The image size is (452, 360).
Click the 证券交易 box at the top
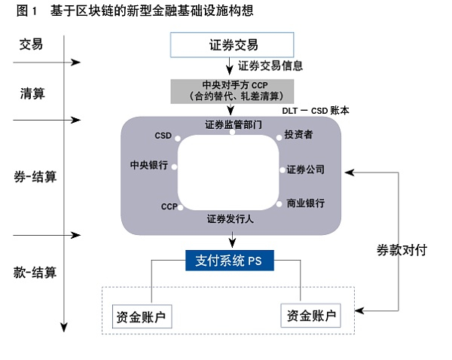tap(232, 45)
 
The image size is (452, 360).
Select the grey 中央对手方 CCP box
tap(232, 91)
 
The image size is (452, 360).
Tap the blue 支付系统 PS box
tap(230, 261)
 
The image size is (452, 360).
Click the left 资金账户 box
tap(142, 316)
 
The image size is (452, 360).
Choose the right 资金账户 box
tap(310, 316)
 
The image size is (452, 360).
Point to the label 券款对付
tap(402, 250)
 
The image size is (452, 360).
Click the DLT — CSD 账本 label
tap(316, 111)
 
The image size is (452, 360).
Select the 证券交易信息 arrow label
tap(270, 66)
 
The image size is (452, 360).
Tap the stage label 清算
tap(32, 93)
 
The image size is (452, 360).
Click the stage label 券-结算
tap(35, 176)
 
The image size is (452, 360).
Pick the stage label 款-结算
tap(35, 273)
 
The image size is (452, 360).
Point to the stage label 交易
tap(31, 44)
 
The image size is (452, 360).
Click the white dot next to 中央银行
tap(174, 167)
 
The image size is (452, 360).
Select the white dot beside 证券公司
tap(282, 170)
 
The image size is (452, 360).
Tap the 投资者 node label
tap(298, 134)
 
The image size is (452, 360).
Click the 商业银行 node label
tap(305, 203)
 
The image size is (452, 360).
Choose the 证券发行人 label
tap(230, 219)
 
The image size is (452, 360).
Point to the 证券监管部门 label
tap(234, 124)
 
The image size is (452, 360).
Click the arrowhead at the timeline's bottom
tap(64, 328)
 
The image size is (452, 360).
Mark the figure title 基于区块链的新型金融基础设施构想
tap(152, 11)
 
